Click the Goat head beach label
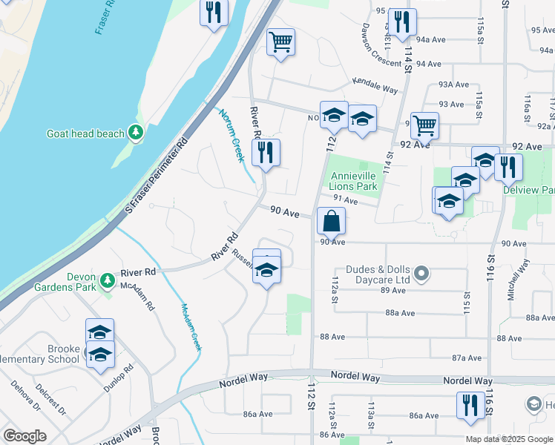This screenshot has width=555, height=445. (85, 133)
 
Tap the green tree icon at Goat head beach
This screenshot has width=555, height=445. (135, 133)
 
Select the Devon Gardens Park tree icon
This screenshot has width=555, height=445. (108, 280)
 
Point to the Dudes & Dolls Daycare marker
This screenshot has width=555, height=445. (422, 274)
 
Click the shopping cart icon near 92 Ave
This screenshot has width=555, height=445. (424, 125)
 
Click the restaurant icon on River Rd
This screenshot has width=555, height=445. (266, 152)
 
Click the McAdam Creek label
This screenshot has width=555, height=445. (190, 326)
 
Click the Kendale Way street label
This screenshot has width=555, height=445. (375, 85)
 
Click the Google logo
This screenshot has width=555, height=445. (24, 436)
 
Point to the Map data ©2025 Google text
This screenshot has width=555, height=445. (509, 439)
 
